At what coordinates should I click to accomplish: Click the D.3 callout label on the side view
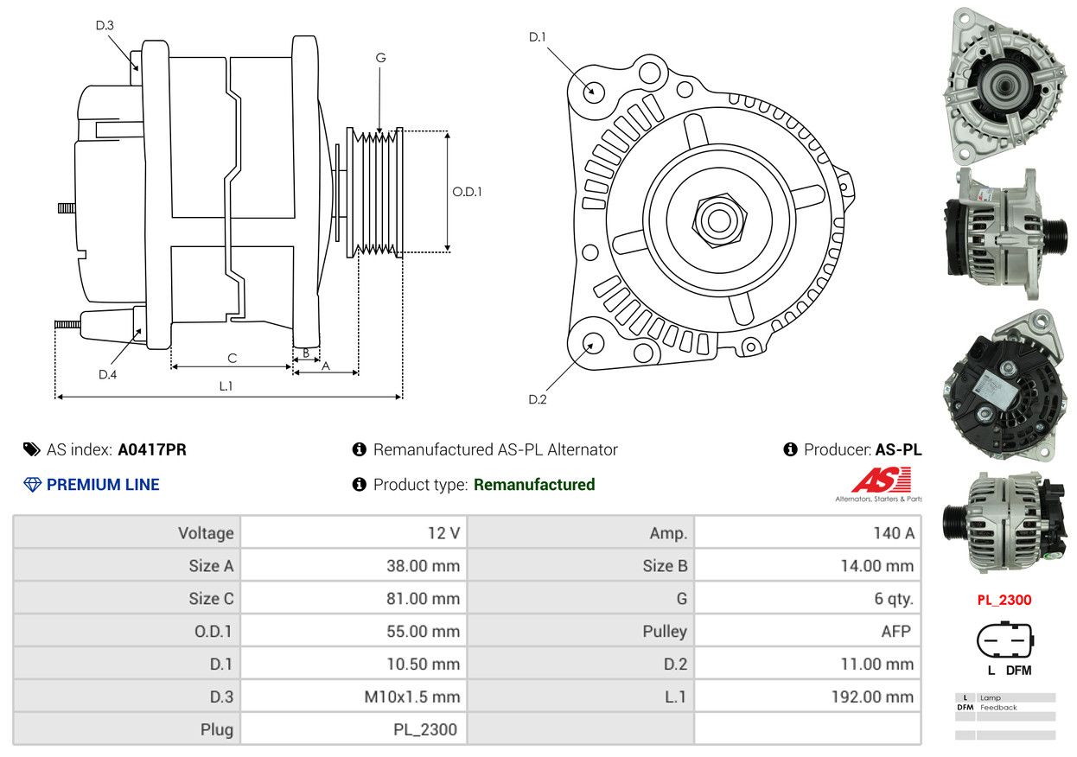(x=105, y=25)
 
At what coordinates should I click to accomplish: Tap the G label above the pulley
(x=381, y=58)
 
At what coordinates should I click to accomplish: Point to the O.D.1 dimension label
(x=467, y=192)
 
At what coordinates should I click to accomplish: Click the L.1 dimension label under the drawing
(x=226, y=386)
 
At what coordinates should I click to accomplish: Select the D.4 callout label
(x=108, y=374)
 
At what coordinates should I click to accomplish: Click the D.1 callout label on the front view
(x=538, y=37)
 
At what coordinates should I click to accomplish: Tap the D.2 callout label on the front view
(x=538, y=399)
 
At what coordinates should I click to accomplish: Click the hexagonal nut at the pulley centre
(x=719, y=220)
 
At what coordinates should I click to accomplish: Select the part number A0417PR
(x=152, y=449)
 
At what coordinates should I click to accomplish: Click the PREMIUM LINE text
(x=103, y=485)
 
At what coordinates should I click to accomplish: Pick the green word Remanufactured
(x=534, y=485)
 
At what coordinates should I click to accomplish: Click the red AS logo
(x=882, y=480)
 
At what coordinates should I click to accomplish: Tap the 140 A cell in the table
(x=894, y=533)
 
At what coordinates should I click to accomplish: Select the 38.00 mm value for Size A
(x=424, y=566)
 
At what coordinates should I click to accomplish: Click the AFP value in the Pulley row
(x=896, y=631)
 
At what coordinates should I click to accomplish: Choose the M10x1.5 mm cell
(x=412, y=697)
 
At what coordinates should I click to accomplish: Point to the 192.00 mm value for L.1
(x=873, y=697)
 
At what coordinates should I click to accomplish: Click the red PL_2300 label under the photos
(x=1004, y=600)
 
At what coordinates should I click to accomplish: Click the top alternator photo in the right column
(x=1005, y=86)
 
